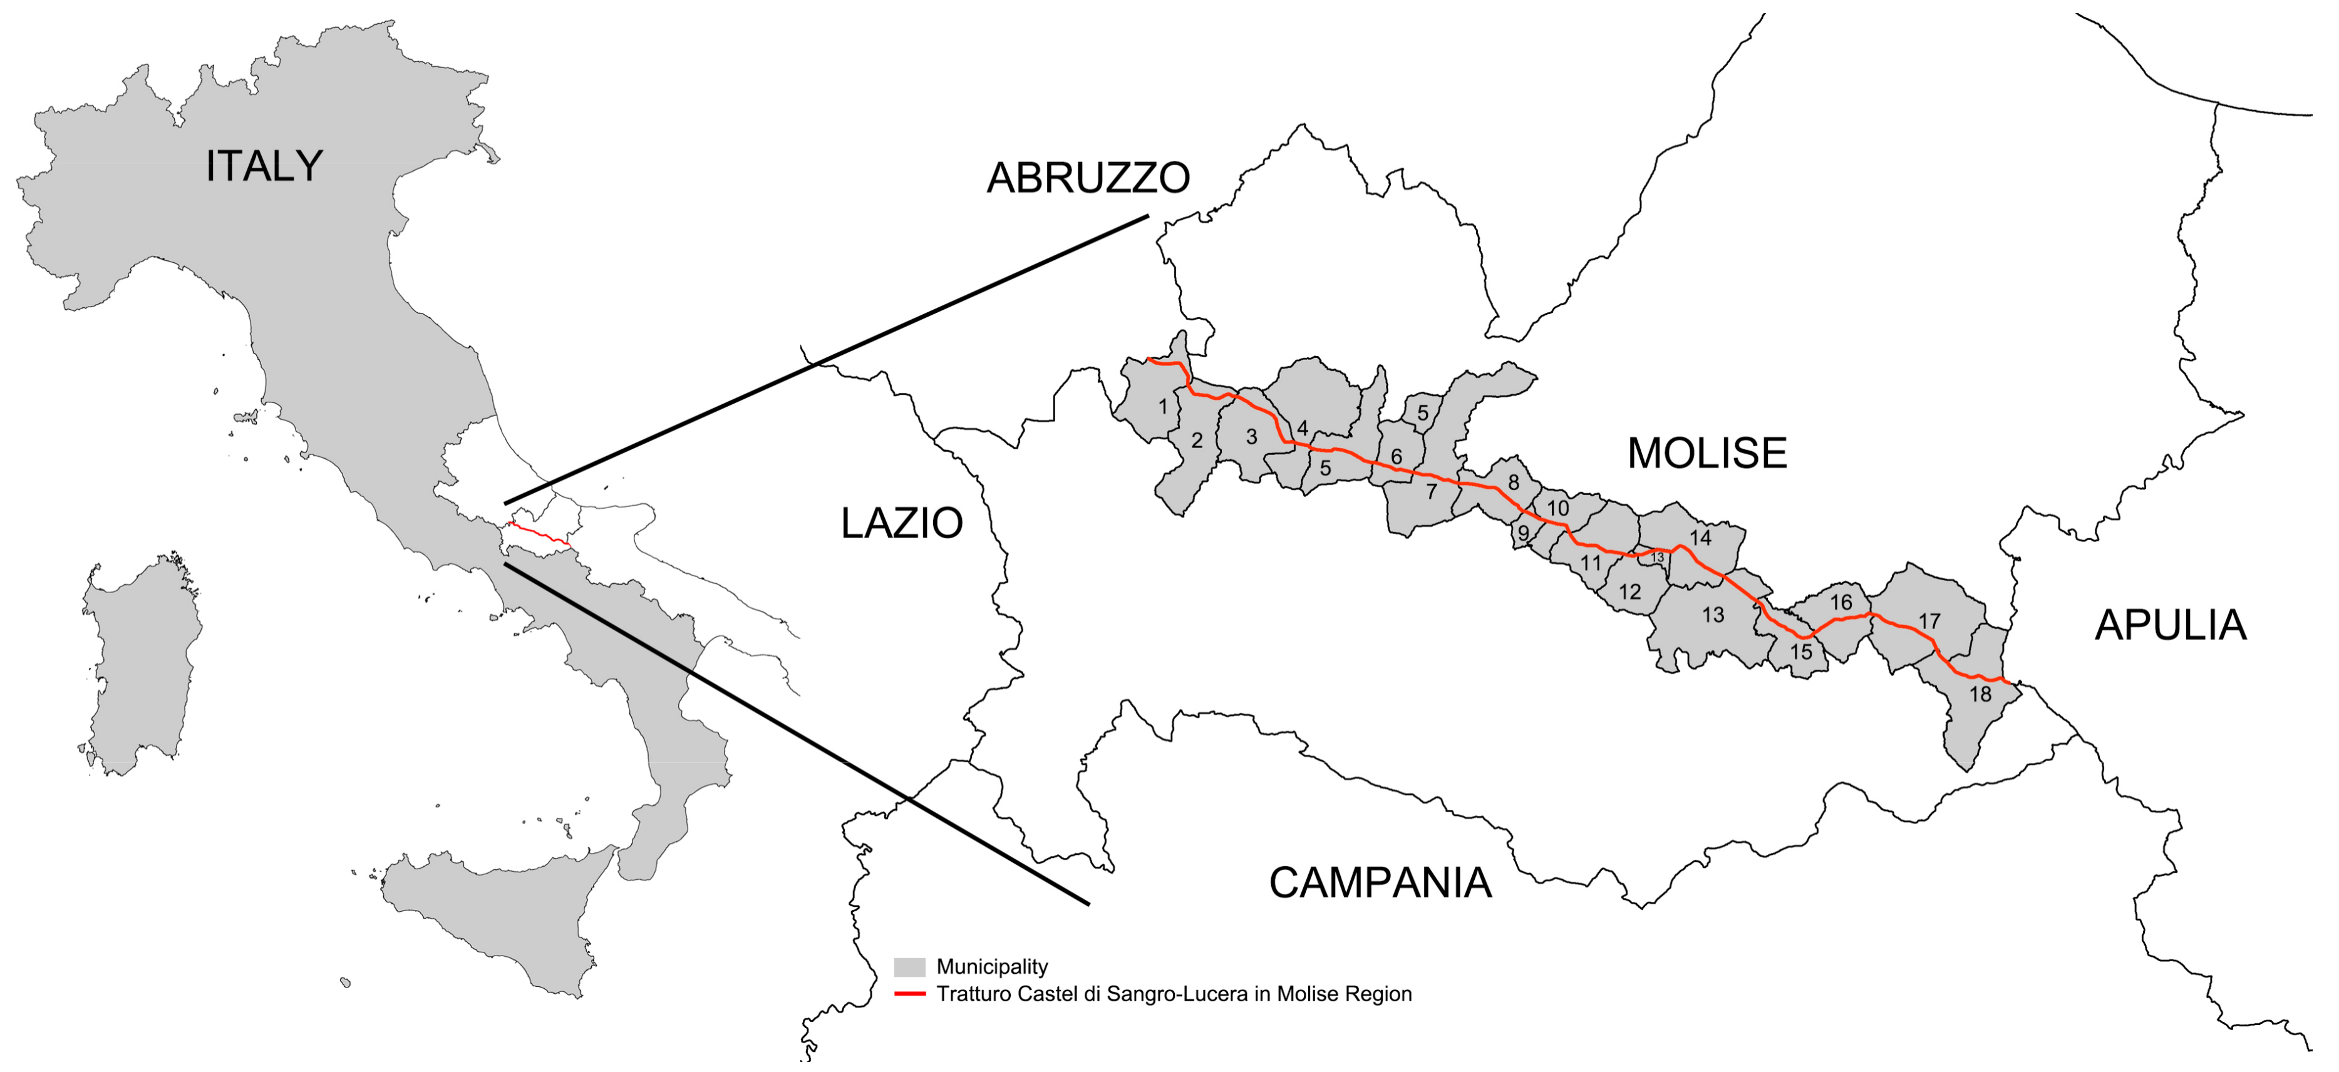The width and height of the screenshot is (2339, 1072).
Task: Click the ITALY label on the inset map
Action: (263, 166)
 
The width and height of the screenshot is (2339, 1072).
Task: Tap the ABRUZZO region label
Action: (1088, 177)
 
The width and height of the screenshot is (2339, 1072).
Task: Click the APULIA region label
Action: (2169, 625)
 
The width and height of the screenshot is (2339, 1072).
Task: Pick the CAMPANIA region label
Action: (1379, 882)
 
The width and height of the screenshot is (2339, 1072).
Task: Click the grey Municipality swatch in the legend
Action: (909, 967)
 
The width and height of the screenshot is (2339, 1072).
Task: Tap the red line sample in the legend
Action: (909, 994)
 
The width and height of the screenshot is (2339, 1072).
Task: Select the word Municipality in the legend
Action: (991, 967)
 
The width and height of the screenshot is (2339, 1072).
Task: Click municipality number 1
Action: (1162, 407)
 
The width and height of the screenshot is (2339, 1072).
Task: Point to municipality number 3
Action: (1251, 437)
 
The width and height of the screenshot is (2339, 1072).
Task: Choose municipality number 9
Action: (1524, 534)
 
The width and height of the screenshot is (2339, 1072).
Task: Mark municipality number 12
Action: (1630, 592)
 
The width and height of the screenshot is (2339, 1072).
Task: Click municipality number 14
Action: (1700, 538)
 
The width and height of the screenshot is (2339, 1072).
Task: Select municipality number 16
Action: (1841, 602)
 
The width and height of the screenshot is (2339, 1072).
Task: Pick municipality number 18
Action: (1980, 695)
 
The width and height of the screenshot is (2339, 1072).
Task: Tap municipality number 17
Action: (1929, 621)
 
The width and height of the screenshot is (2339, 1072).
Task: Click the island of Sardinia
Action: (141, 663)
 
